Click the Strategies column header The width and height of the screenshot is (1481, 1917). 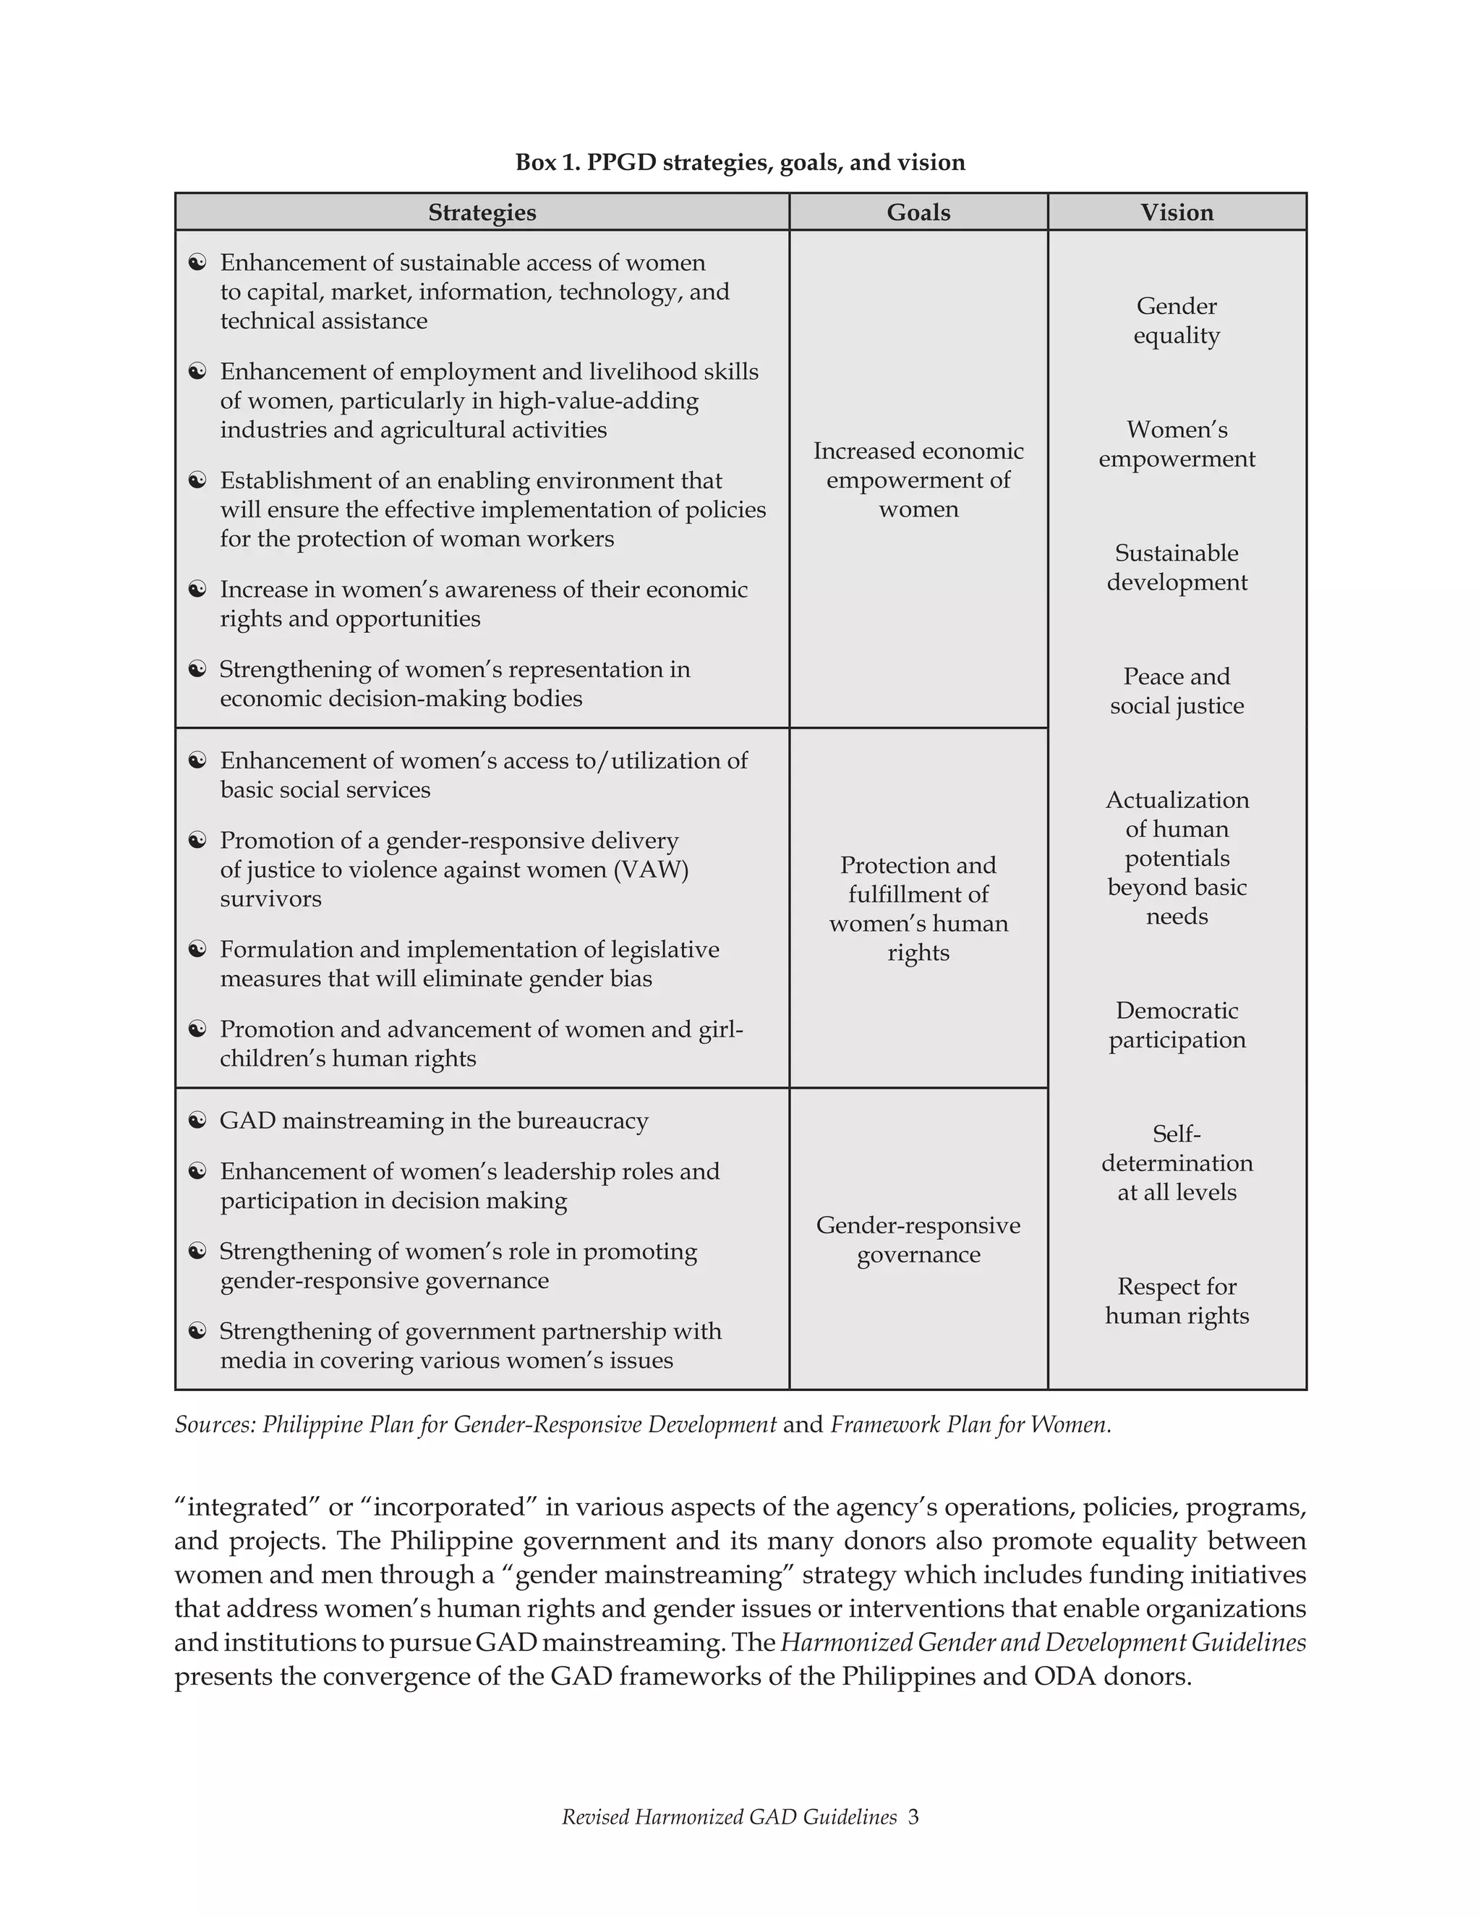coord(482,213)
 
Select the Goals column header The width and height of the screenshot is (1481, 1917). coord(918,213)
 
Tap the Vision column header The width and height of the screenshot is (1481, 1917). coord(1177,213)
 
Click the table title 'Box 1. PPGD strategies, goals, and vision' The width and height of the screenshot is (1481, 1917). coord(740,162)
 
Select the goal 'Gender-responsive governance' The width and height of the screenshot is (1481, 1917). coord(918,1239)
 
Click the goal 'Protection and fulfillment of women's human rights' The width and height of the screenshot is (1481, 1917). coord(918,909)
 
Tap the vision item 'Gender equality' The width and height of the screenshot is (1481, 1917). coord(1177,320)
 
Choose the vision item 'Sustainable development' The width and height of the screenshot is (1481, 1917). coord(1177,567)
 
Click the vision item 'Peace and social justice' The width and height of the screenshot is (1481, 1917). coord(1177,691)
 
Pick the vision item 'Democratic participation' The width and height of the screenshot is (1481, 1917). coord(1177,1024)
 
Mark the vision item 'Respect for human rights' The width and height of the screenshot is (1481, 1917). coord(1177,1301)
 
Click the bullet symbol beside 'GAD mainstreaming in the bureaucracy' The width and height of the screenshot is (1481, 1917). coord(197,1120)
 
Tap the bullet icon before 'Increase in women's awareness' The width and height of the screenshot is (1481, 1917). coord(197,589)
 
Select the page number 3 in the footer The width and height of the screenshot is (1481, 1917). coord(913,1817)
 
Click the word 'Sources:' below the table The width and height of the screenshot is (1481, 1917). coord(215,1424)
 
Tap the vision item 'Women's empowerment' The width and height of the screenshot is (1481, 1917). coord(1177,444)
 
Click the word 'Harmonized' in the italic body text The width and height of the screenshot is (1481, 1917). coord(831,1642)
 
